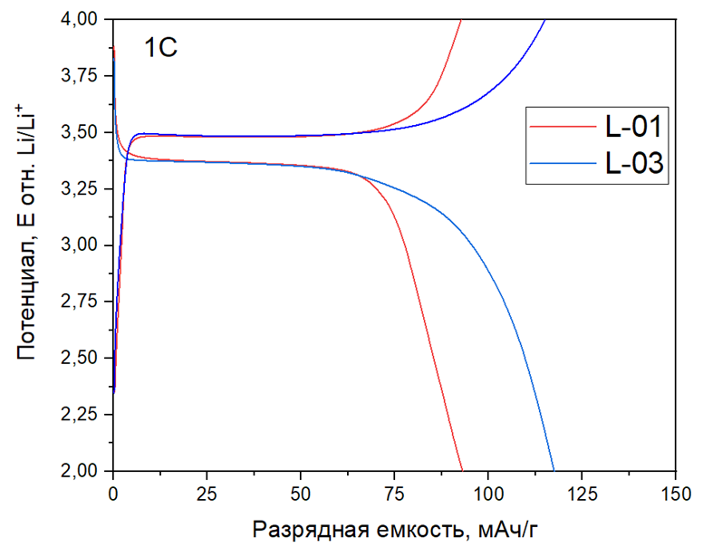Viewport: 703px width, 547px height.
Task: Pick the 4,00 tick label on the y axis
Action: (x=82, y=19)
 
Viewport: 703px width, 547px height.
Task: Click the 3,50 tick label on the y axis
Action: (x=82, y=132)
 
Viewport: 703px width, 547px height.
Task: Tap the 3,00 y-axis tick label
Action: (x=82, y=245)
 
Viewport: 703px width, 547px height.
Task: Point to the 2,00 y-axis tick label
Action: (x=82, y=471)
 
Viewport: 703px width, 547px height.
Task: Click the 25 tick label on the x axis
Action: (x=207, y=494)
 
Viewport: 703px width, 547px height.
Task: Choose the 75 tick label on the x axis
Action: (x=394, y=494)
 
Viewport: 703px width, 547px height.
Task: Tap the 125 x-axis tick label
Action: (x=582, y=494)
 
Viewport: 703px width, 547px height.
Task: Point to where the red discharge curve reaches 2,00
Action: (x=461, y=470)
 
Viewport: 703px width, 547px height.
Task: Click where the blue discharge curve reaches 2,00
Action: (x=553, y=470)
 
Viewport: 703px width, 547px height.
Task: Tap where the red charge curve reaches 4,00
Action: (x=461, y=20)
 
